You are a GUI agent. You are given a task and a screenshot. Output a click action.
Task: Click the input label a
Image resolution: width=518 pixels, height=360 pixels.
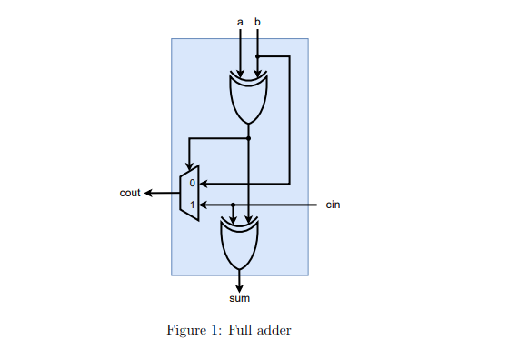click(240, 21)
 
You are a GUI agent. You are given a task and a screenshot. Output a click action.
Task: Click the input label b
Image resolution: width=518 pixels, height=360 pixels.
click(258, 21)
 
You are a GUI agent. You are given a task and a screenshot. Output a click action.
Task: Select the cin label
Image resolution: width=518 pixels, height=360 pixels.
click(334, 205)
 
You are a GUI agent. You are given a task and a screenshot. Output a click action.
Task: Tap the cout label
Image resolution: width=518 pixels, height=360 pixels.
click(130, 193)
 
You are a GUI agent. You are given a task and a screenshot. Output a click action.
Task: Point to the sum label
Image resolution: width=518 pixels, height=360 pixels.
click(239, 298)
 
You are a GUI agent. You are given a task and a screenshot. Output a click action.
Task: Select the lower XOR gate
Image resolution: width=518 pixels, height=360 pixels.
click(240, 240)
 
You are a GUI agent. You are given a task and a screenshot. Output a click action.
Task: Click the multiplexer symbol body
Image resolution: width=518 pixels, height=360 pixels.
click(190, 194)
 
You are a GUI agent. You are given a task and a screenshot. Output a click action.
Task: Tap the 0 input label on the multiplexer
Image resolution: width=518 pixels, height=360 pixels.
click(192, 184)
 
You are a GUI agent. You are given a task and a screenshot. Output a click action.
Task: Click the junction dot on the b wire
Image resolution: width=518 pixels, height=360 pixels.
click(258, 56)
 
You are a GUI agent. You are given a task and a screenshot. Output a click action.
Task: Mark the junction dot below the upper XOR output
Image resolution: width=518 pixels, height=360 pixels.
click(249, 138)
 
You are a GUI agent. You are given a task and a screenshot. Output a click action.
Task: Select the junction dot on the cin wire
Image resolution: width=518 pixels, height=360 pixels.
click(234, 205)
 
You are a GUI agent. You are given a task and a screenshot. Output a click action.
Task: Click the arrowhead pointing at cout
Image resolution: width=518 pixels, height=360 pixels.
click(148, 193)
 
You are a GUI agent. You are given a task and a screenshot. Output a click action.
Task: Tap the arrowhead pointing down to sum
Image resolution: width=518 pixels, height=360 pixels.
click(240, 286)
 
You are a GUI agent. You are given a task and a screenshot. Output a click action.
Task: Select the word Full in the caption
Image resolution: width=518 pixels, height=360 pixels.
click(226, 331)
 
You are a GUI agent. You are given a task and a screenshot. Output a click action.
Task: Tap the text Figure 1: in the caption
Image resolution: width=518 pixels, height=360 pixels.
click(188, 331)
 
